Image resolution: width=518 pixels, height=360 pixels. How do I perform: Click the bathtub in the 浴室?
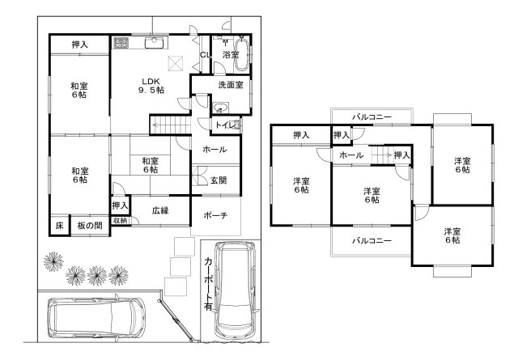[241, 54]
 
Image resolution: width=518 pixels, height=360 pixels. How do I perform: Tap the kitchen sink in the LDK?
[154, 42]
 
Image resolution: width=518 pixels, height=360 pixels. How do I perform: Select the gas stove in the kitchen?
[121, 43]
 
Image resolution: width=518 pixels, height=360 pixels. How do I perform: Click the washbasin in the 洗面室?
[220, 108]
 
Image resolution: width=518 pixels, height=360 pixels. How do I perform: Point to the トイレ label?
[225, 125]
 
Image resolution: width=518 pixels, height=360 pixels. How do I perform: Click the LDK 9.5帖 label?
[151, 86]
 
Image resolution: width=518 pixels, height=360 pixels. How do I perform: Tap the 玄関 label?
[219, 180]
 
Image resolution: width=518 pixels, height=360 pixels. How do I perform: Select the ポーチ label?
[215, 216]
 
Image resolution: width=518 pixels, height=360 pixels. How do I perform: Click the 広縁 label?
[160, 210]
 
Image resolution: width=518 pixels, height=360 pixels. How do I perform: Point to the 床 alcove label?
[59, 226]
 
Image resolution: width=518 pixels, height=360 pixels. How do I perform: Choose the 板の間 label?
[90, 226]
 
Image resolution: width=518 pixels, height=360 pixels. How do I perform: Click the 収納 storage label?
[121, 220]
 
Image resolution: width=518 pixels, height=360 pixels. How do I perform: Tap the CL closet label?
[205, 55]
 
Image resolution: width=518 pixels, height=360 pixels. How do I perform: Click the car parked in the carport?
[235, 288]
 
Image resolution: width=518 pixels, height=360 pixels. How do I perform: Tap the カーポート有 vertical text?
[209, 284]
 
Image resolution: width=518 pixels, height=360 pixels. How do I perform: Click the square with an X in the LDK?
[176, 64]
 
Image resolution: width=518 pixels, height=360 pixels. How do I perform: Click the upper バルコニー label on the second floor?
[372, 117]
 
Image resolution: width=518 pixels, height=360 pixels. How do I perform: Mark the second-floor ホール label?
[351, 155]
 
